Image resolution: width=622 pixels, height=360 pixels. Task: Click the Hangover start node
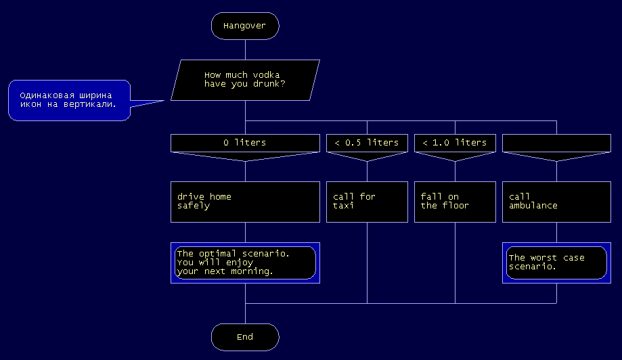point(245,26)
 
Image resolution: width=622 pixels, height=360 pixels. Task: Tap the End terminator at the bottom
point(245,337)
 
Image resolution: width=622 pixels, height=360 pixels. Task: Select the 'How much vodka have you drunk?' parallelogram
point(245,80)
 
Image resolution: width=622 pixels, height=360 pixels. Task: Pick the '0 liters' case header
point(245,143)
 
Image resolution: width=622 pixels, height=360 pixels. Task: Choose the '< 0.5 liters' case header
point(367,143)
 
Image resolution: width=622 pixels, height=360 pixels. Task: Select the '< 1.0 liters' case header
point(455,143)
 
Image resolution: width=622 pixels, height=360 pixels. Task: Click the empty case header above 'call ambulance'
point(556,143)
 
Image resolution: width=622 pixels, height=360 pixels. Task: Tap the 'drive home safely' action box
point(245,202)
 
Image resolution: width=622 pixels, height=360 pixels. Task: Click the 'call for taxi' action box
point(367,202)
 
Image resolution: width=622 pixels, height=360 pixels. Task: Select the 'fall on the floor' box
point(455,202)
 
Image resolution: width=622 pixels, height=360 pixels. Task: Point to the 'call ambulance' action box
point(556,202)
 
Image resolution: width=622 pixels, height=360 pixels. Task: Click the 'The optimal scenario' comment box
point(245,263)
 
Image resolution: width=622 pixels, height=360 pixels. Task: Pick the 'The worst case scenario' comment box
point(556,263)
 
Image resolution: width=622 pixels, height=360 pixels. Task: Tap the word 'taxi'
point(343,206)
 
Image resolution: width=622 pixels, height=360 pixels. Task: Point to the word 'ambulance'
point(533,206)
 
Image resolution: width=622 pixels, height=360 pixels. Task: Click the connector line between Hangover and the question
point(245,49)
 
